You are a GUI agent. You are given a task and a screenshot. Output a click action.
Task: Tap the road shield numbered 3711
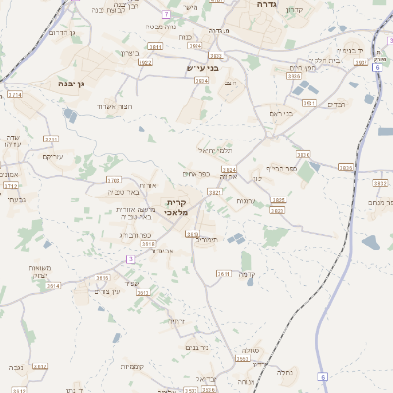point(50,140)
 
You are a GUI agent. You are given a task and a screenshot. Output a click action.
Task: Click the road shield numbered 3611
point(222,274)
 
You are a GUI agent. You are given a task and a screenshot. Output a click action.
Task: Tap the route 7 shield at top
point(167,14)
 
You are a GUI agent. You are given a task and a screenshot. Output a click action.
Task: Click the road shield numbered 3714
point(14,95)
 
